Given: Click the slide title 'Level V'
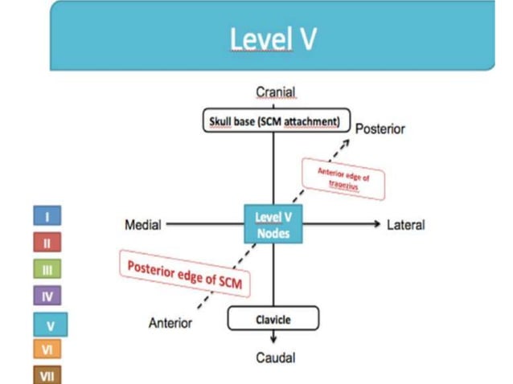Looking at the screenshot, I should click(273, 38).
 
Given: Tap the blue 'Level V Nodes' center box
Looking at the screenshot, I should click(273, 224).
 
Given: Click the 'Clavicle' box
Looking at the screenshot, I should click(273, 319).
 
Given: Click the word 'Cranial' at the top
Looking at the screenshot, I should click(275, 93).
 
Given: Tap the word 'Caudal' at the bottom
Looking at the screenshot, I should click(275, 357).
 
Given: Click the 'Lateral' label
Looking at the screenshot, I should click(405, 225).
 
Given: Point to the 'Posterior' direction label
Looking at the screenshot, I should click(380, 129).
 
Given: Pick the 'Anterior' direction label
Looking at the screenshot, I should click(170, 323).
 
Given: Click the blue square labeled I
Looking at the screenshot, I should click(47, 215).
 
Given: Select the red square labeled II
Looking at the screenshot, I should click(47, 242).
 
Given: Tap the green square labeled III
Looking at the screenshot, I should click(47, 270).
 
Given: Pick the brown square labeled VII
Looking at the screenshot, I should click(47, 374).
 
